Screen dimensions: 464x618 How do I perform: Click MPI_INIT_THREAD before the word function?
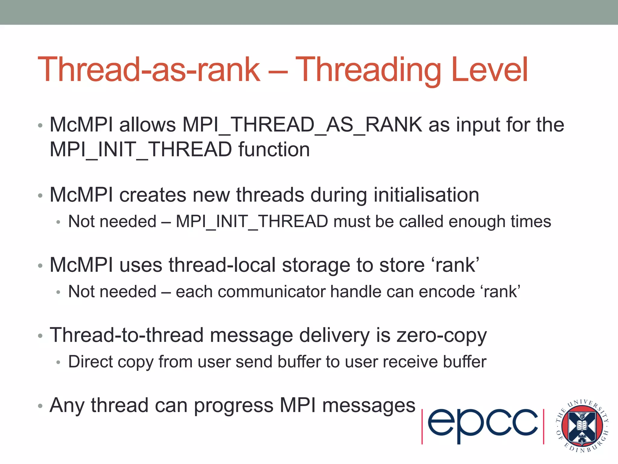[141, 150]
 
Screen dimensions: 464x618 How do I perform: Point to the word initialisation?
[426, 195]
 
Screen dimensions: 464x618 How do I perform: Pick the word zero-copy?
[441, 336]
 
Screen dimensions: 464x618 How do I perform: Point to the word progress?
[234, 406]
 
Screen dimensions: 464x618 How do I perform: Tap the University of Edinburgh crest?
[582, 426]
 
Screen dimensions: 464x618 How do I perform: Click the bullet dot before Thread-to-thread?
[40, 336]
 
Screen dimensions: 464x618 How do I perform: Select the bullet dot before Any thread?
[40, 406]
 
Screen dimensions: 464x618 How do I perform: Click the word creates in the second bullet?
[153, 195]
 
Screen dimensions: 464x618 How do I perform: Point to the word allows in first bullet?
[147, 125]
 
